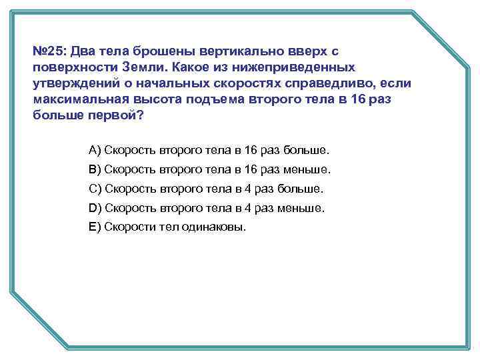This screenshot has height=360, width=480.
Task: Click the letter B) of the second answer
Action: point(95,169)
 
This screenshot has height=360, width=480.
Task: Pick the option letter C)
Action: point(95,188)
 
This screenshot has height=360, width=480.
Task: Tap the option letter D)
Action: point(95,207)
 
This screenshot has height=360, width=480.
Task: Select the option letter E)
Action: point(95,227)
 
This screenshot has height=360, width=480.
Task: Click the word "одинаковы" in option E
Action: point(210,227)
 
